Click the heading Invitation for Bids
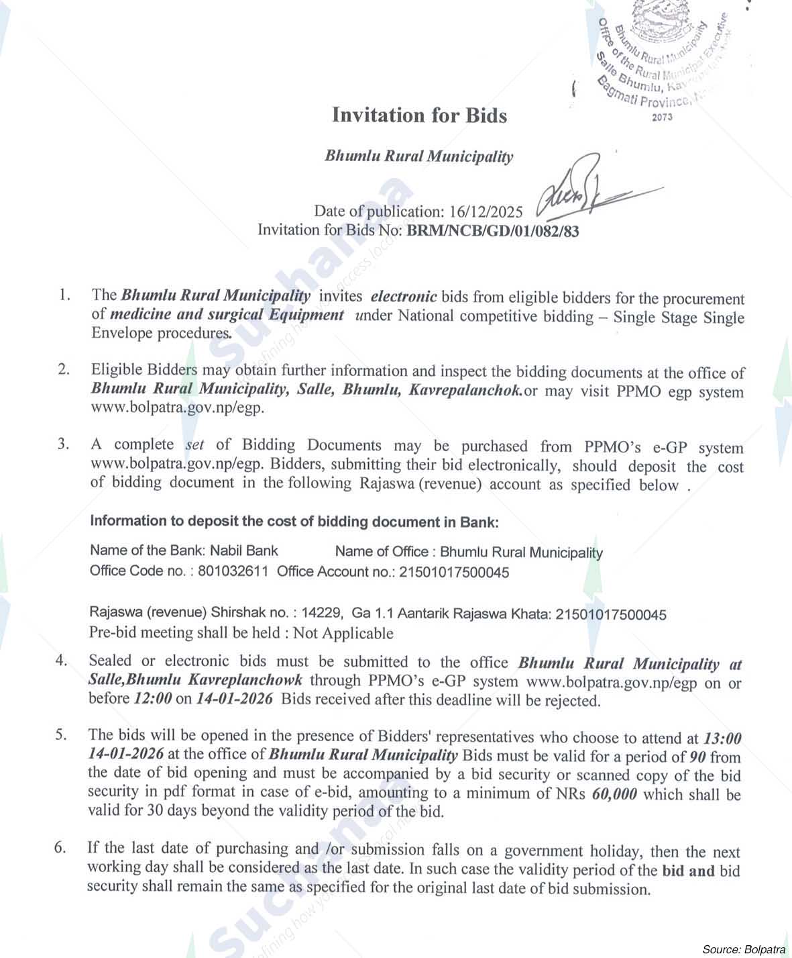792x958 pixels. click(x=419, y=115)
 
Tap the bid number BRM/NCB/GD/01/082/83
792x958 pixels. click(x=493, y=231)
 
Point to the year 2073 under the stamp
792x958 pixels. click(x=661, y=117)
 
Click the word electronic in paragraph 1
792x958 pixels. click(x=404, y=296)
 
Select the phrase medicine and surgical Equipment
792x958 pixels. click(x=227, y=315)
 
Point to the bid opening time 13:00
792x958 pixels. click(x=722, y=738)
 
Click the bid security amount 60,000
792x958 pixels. click(x=614, y=794)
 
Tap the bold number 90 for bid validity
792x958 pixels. click(x=697, y=757)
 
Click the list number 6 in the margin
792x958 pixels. click(x=60, y=848)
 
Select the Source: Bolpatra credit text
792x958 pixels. click(x=743, y=949)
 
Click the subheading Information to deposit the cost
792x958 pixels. click(x=294, y=522)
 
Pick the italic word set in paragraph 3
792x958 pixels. click(x=194, y=444)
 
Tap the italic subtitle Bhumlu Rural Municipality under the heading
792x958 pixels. click(x=419, y=156)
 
